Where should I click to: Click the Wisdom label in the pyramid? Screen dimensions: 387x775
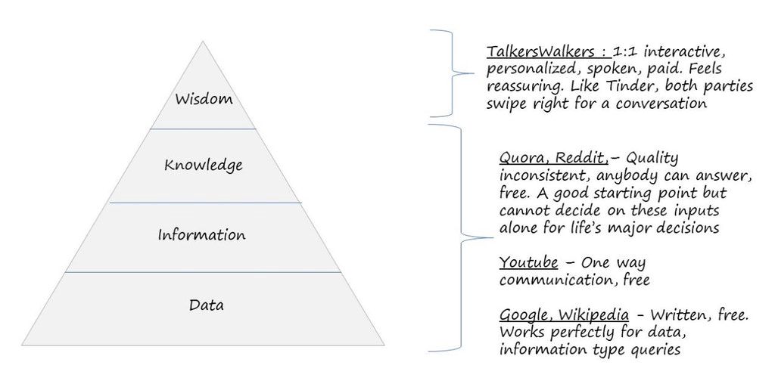(202, 99)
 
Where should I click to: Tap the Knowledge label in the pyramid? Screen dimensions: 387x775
(203, 165)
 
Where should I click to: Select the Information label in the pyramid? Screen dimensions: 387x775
(201, 235)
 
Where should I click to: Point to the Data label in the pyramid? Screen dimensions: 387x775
(206, 305)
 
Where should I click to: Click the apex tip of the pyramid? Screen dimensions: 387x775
(202, 42)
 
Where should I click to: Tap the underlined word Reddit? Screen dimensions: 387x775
(576, 158)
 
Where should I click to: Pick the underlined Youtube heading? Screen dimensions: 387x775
(528, 262)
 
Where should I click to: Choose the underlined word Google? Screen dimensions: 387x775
(522, 314)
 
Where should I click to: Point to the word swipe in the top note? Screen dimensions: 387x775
(506, 104)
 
